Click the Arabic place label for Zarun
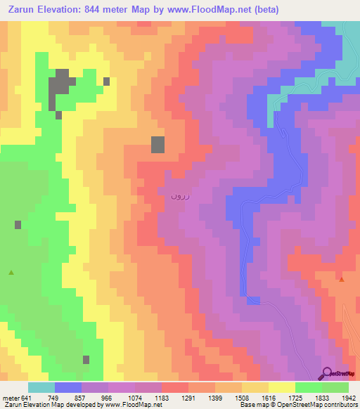coord(178,196)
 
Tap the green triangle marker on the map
coord(11,272)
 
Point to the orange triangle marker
coord(342,279)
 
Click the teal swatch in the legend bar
coord(41,387)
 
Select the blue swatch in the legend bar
coord(68,387)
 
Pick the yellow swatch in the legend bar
coord(281,387)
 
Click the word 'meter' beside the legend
coord(10,398)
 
